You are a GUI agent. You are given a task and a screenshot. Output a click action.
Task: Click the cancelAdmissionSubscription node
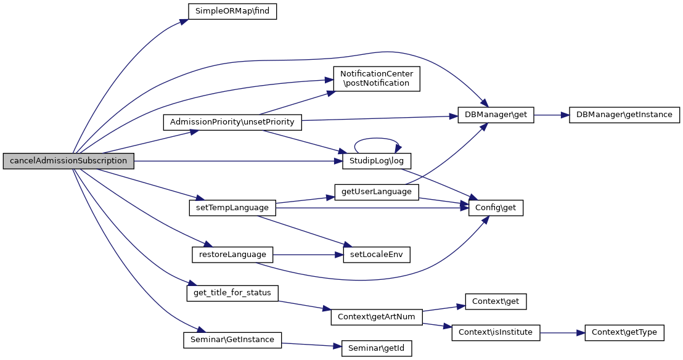[x=68, y=161]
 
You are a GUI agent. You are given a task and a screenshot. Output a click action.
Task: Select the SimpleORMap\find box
[x=232, y=11]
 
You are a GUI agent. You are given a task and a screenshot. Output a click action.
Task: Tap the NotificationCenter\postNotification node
[x=377, y=79]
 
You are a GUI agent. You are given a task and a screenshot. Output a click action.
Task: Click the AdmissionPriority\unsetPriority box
[x=232, y=122]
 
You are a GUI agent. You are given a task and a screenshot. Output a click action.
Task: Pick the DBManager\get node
[x=496, y=115]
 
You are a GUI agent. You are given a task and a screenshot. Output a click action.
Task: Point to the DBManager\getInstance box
[x=624, y=115]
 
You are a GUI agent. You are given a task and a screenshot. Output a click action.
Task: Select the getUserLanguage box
[x=377, y=191]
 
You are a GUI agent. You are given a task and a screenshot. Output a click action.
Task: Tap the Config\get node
[x=496, y=208]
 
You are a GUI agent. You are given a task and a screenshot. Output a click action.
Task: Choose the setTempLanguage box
[x=232, y=208]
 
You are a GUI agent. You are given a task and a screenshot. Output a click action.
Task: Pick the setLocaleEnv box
[x=377, y=254]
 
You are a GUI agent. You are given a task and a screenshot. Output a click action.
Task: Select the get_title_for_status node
[x=232, y=292]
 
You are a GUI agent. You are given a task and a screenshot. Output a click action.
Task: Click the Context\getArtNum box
[x=377, y=317]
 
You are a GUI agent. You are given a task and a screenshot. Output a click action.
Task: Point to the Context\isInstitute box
[x=496, y=333]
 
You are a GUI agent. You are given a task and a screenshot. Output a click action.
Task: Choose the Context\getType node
[x=624, y=333]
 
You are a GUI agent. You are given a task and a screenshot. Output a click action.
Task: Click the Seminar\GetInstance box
[x=232, y=339]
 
